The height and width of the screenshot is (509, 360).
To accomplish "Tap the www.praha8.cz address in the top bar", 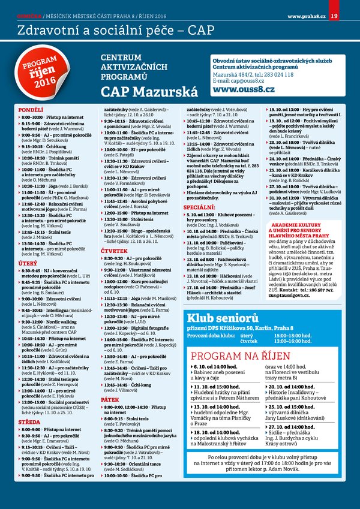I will click(x=306, y=14).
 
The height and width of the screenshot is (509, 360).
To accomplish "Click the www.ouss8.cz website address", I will click(x=242, y=90).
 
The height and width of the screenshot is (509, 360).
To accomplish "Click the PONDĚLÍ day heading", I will click(x=31, y=110).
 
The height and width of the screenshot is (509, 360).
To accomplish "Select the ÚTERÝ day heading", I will click(x=28, y=264).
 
